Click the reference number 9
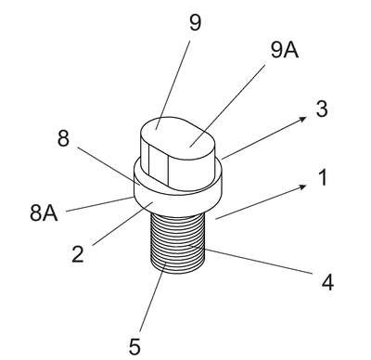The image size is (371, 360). [x=195, y=22]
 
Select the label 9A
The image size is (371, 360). [x=285, y=50]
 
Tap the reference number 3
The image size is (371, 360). [x=322, y=109]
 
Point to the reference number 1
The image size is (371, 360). [x=323, y=178]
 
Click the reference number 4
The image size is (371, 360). [x=327, y=282]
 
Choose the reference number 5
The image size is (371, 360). [x=134, y=347]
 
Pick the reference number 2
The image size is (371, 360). [x=77, y=254]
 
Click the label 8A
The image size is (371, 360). [x=44, y=213]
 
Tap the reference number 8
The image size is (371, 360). [x=63, y=138]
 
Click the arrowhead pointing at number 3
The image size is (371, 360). [x=303, y=119]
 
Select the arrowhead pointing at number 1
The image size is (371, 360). [x=303, y=186]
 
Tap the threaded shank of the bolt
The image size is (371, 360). [x=178, y=244]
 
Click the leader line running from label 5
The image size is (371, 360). [x=152, y=297]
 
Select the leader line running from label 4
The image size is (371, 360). [x=250, y=259]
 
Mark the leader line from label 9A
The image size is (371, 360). [x=227, y=106]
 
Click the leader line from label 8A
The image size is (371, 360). [x=100, y=204]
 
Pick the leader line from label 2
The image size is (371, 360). [x=122, y=223]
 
